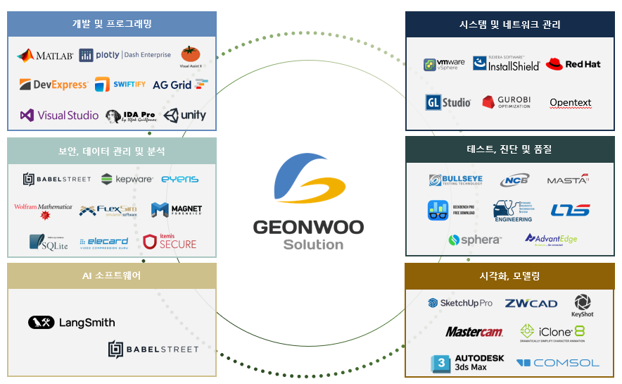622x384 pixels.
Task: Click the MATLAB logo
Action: [x=45, y=56]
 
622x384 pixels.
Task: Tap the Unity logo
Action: [x=185, y=116]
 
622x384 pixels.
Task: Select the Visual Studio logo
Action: [x=59, y=116]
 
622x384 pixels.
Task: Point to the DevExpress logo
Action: [x=53, y=85]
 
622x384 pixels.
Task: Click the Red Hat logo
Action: [x=573, y=64]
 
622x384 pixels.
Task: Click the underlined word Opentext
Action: [x=571, y=103]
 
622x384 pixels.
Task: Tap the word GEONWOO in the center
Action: [x=308, y=228]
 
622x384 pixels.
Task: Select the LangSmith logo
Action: [x=72, y=323]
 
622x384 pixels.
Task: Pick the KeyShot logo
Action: [x=583, y=305]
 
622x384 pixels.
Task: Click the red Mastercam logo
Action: [x=474, y=332]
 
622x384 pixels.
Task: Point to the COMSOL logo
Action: [x=558, y=363]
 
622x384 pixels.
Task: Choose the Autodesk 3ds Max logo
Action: [x=467, y=363]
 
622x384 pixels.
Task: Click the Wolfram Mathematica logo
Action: [x=43, y=210]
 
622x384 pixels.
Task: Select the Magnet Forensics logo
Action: [x=176, y=209]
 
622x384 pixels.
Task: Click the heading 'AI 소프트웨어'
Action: [x=112, y=275]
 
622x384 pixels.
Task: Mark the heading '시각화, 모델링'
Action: [x=509, y=276]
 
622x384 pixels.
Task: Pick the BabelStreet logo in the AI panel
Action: [x=153, y=349]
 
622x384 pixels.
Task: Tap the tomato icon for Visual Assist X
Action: [x=190, y=54]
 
